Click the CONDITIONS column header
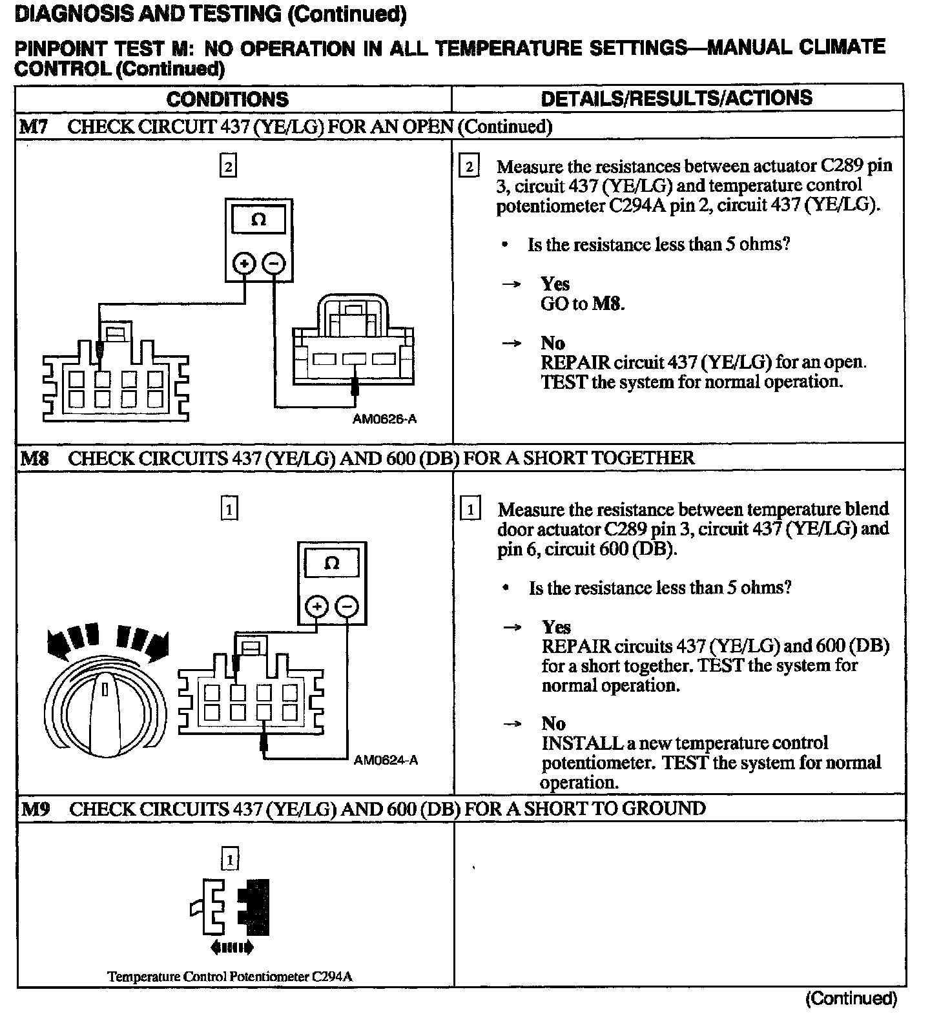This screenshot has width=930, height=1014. point(227,99)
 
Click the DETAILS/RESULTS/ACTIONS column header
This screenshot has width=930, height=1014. point(676,98)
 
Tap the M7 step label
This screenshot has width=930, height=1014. point(33,127)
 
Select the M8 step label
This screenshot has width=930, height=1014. point(34,459)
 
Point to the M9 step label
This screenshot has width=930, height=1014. point(35,809)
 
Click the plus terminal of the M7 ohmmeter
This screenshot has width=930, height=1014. point(244,264)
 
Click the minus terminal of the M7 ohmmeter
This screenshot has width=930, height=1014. point(274,264)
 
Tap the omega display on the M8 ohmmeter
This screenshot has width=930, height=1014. point(331,563)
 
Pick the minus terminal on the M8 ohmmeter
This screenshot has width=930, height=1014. point(347,606)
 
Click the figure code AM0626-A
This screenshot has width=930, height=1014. point(384,419)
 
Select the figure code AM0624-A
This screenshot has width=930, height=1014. point(386,760)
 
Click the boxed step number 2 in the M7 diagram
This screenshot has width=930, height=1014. point(228,167)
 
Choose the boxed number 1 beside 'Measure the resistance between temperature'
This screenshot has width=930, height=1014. point(471,510)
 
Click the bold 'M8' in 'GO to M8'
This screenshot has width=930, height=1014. point(608,304)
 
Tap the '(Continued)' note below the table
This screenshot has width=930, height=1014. point(851,998)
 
